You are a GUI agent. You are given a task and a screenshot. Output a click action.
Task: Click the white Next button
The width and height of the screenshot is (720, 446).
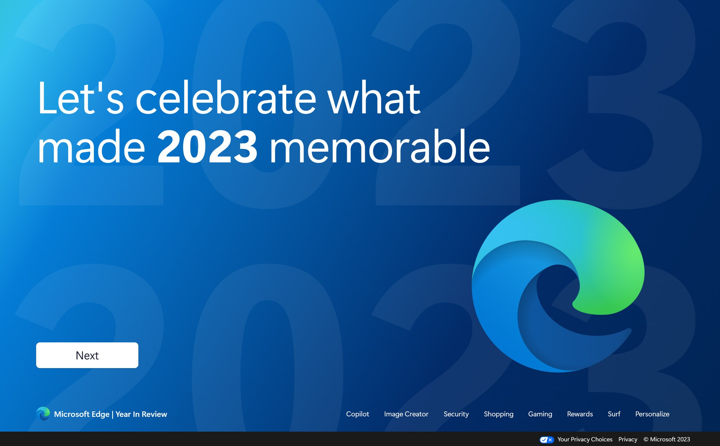tap(87, 355)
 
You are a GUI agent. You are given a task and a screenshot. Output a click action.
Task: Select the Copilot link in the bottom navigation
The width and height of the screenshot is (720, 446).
tap(358, 414)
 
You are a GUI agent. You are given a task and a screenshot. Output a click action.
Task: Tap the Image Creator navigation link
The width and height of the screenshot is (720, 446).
tap(406, 414)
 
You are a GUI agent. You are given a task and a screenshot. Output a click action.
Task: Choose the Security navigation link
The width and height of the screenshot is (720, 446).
tap(456, 414)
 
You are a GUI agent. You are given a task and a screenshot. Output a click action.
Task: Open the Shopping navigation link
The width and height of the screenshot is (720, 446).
tap(499, 414)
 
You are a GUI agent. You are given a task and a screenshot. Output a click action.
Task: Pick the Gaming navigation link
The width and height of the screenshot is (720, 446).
tap(540, 414)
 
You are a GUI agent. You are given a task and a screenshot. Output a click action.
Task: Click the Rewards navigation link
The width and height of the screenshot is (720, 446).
tap(580, 414)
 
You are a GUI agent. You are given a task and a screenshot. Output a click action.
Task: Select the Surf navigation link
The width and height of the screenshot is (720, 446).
tap(614, 414)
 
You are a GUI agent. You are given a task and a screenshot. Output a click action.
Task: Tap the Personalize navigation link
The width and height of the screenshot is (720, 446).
tap(652, 414)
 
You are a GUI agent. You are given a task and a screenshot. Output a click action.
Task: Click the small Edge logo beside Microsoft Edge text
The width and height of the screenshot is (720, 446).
tap(43, 414)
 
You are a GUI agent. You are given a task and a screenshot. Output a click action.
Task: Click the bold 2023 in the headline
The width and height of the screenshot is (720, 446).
tap(207, 147)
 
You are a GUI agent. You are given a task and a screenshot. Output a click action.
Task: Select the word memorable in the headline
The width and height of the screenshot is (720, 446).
tap(380, 147)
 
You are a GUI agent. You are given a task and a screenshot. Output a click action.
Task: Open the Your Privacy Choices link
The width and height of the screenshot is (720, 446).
tap(585, 439)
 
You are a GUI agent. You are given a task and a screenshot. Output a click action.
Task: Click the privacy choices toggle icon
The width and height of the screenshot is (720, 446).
tap(546, 440)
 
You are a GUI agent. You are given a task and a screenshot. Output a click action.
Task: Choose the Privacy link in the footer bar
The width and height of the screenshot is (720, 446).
tap(628, 439)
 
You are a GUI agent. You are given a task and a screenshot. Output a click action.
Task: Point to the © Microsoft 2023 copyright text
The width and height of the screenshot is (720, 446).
tap(667, 439)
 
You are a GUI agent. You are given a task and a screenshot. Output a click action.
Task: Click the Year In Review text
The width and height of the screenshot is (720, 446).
tap(141, 414)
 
